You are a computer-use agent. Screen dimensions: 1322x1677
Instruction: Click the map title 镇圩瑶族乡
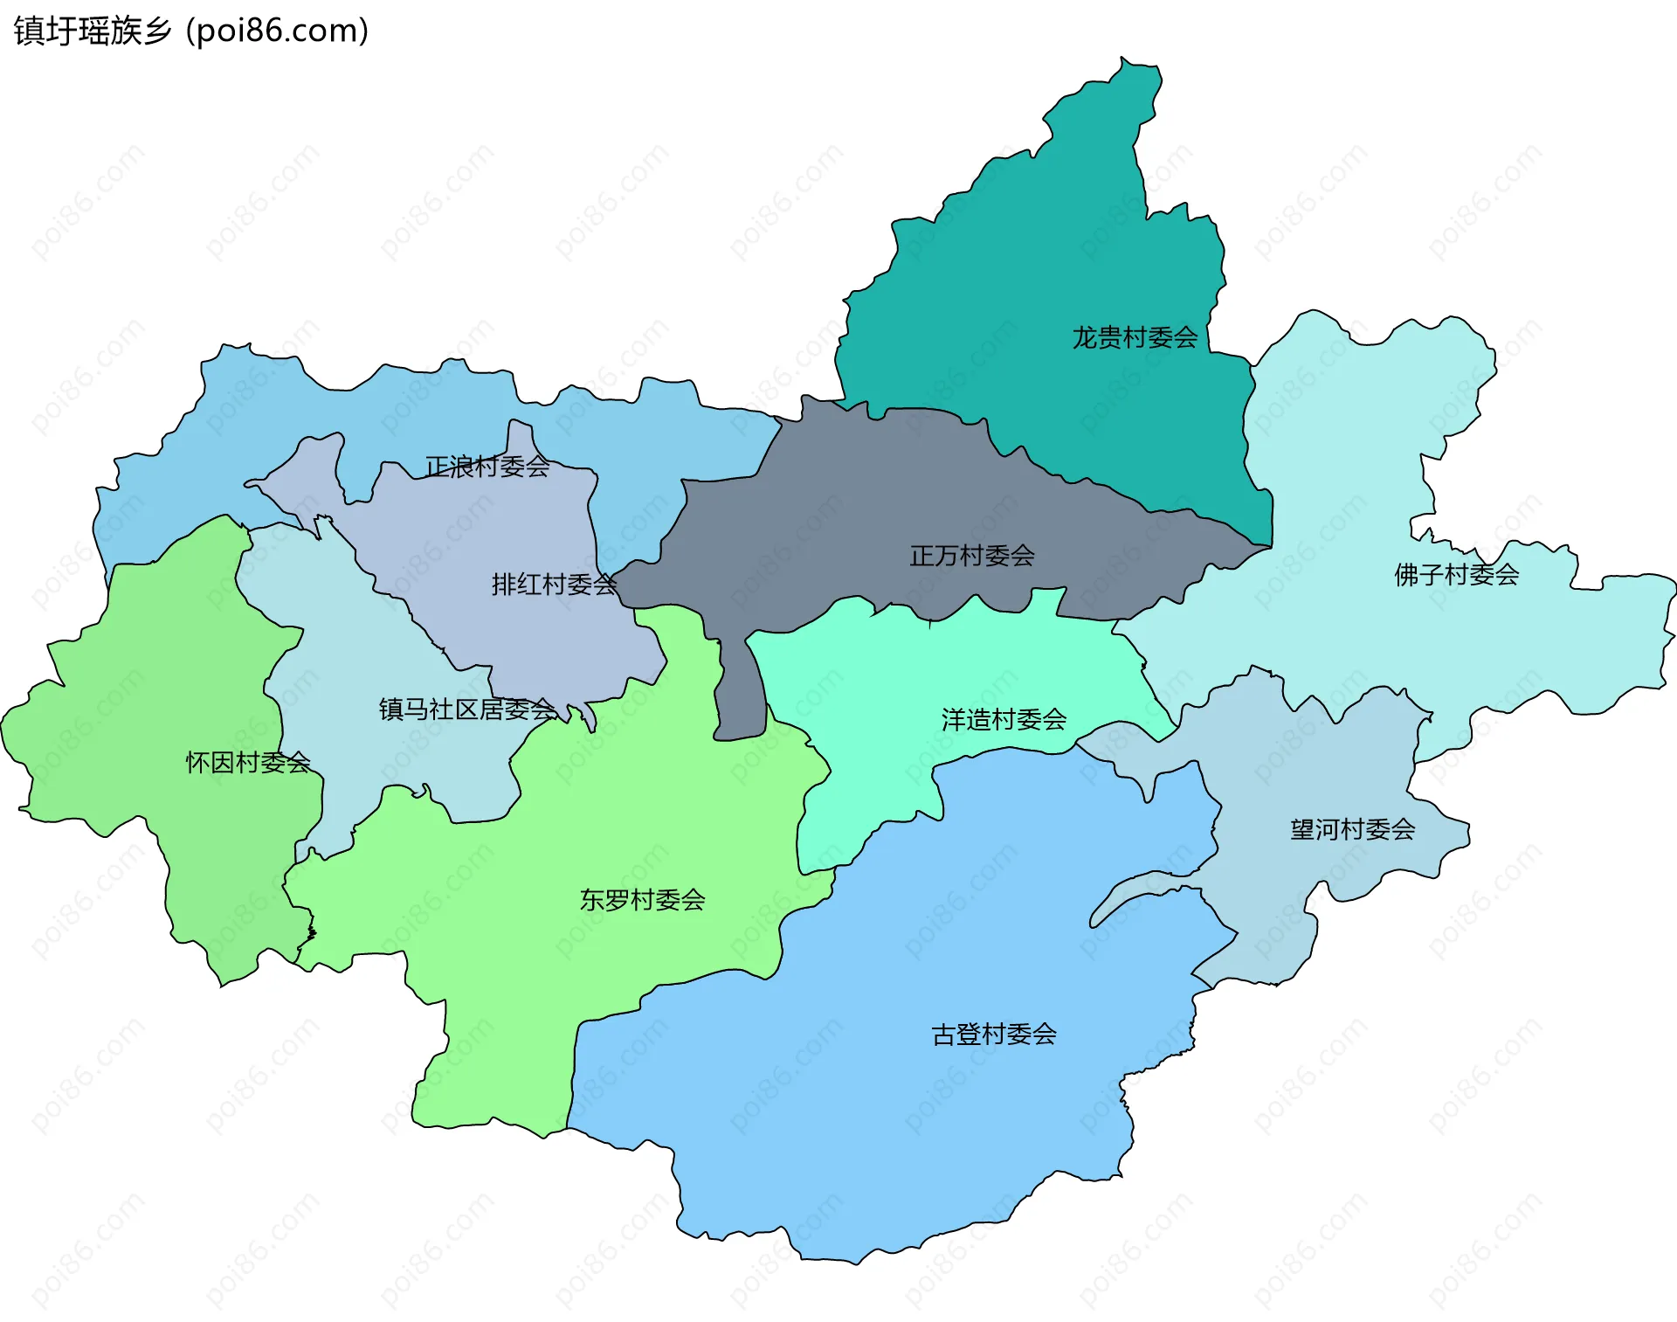tap(93, 31)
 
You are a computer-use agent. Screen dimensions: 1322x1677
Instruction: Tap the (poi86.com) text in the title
tap(277, 31)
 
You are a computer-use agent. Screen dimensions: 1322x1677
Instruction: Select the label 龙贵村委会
tap(1135, 337)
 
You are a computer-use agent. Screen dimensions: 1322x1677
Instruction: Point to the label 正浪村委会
tap(487, 467)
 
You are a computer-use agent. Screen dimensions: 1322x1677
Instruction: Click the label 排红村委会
tap(554, 584)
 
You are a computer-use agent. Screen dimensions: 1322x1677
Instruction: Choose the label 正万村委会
tap(972, 555)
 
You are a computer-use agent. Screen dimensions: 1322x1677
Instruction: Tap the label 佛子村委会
tap(1456, 574)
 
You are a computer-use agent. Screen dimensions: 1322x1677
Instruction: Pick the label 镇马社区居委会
tap(467, 709)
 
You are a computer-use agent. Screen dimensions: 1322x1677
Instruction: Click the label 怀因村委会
tap(248, 762)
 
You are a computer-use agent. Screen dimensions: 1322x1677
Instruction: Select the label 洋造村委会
tap(1004, 719)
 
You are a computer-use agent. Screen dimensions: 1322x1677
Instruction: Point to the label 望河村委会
tap(1352, 828)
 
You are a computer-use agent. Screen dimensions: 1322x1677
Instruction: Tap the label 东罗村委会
tap(642, 899)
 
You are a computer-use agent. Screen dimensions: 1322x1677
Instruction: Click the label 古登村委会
tap(994, 1034)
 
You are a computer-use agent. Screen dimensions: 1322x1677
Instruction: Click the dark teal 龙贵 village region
tap(1048, 262)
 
